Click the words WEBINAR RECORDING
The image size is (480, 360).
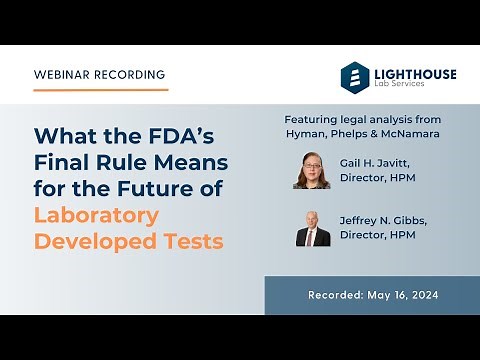(100, 75)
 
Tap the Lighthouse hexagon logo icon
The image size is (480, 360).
(354, 76)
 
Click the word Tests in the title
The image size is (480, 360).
(193, 240)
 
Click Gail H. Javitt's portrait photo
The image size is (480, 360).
(312, 171)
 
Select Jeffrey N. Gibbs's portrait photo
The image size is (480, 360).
(312, 229)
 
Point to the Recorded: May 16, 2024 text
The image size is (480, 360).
(372, 296)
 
